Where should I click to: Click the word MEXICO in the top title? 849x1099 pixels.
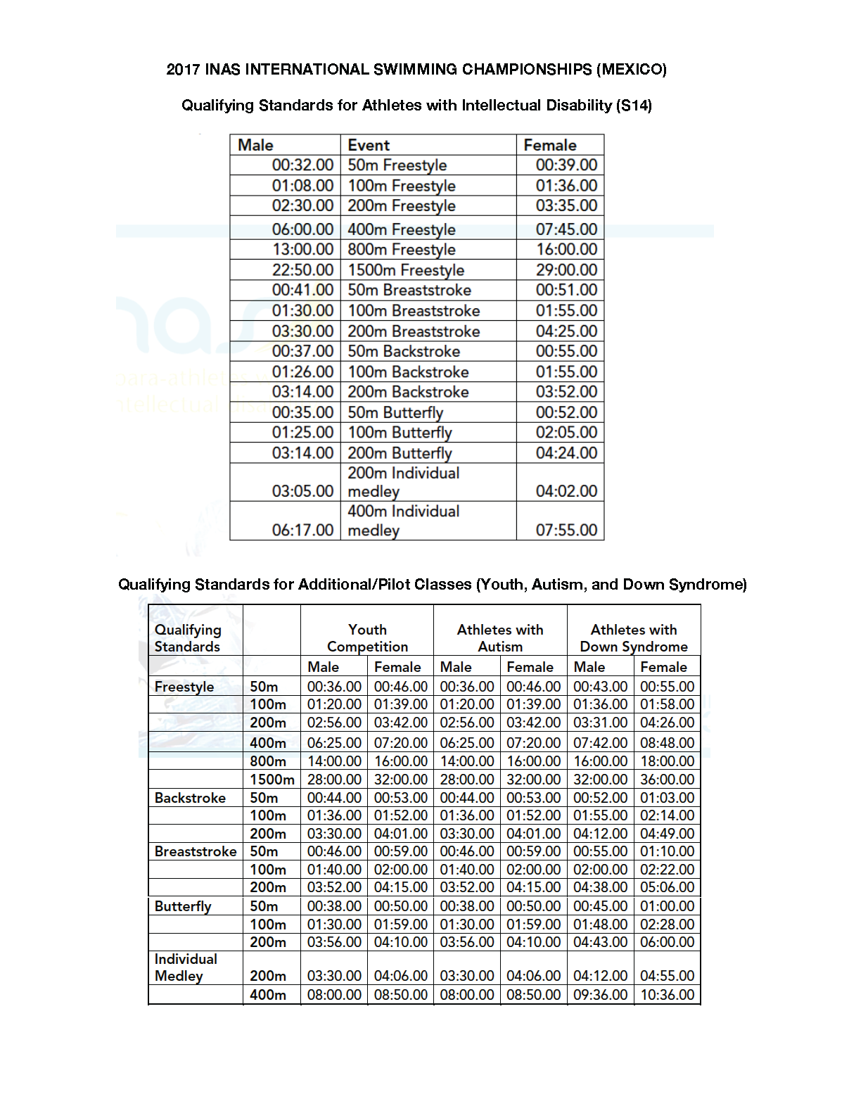coord(631,69)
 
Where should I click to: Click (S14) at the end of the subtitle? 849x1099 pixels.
coord(633,106)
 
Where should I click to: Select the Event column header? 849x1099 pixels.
coord(369,145)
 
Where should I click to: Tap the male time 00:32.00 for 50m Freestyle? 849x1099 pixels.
coord(303,165)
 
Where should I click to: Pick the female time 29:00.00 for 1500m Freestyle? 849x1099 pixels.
coord(566,270)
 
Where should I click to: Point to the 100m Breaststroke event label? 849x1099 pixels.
coord(414,311)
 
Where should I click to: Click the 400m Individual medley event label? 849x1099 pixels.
coord(404,521)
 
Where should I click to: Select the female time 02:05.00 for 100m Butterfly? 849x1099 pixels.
coord(566,433)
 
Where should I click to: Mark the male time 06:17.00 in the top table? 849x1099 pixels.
coord(303,531)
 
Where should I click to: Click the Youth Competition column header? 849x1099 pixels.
coord(367,638)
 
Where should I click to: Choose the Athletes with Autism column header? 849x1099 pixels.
coord(500,638)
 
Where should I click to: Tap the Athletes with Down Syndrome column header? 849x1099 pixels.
coord(634,638)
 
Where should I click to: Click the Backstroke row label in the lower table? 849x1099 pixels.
coord(190,798)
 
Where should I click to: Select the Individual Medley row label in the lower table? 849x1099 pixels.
coord(186,967)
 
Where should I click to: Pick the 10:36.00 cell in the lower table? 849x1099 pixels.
coord(667,995)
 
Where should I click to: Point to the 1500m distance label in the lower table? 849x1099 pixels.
coord(272,780)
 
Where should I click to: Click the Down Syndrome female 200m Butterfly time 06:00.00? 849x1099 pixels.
coord(667,942)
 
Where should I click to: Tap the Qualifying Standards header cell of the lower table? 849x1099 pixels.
coord(188,638)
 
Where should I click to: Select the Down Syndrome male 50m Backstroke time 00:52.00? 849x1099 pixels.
coord(600,798)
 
